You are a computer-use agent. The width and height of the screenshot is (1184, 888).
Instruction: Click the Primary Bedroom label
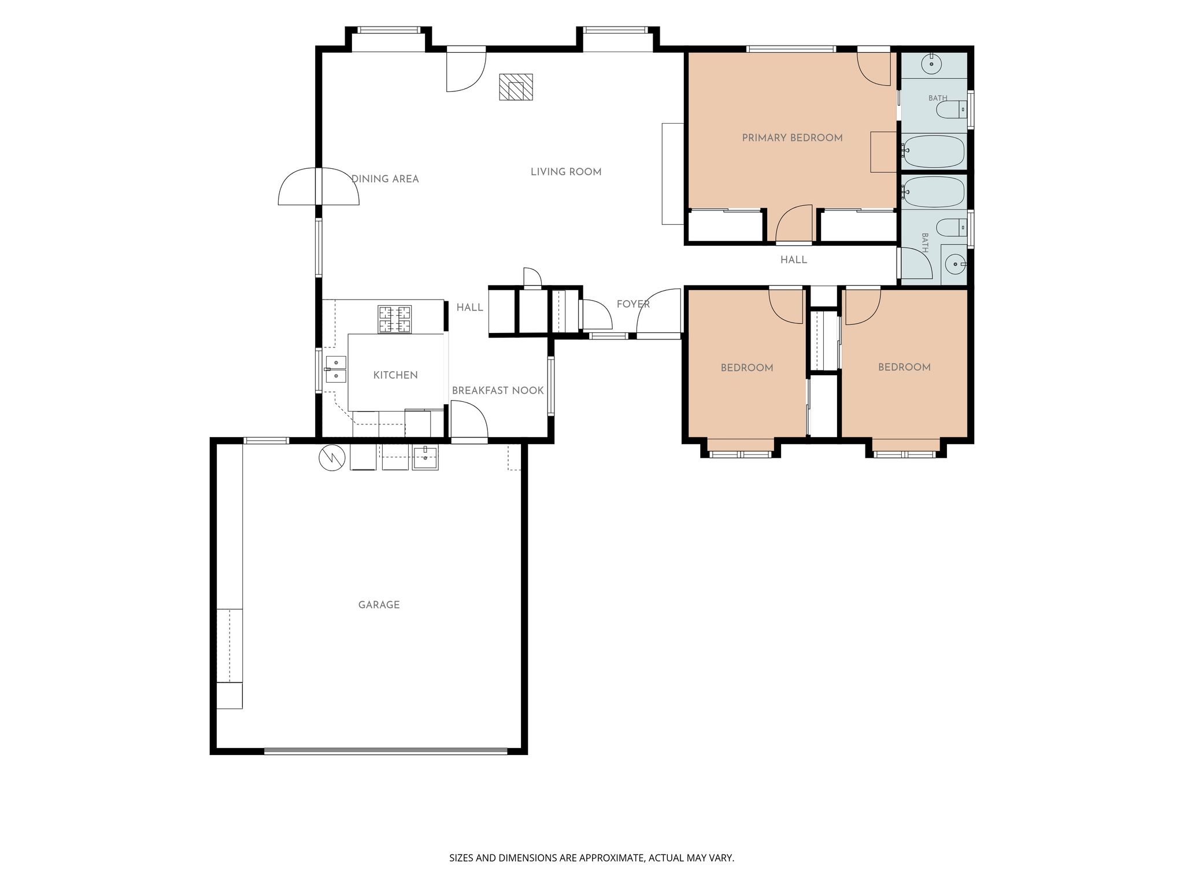pos(792,138)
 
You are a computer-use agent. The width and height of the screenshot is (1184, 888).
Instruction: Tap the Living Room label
pos(566,172)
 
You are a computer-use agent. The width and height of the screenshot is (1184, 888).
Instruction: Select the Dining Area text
pos(385,179)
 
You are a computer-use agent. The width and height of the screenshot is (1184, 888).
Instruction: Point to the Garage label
pos(379,605)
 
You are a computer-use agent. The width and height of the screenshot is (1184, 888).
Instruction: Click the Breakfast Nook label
pos(498,391)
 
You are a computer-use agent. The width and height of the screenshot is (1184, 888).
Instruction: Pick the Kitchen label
pos(395,375)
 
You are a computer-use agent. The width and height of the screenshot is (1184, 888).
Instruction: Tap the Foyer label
pos(633,304)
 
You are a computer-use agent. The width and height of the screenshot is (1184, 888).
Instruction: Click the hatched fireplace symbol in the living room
pos(516,87)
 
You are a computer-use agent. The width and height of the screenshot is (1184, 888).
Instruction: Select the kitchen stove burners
pos(395,319)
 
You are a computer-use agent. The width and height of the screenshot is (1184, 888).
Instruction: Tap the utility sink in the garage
pos(425,457)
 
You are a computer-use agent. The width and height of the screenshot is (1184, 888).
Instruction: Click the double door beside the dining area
pos(319,186)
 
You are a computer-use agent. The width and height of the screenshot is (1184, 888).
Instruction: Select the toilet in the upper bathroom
pos(951,110)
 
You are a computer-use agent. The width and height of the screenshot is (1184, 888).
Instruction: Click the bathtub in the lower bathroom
pos(934,192)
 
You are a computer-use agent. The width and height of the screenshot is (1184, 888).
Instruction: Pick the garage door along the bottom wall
pos(386,751)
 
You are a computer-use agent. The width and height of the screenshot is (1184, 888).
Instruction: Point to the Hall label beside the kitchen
pos(469,308)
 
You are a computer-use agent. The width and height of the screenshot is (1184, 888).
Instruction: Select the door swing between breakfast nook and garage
pos(469,420)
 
